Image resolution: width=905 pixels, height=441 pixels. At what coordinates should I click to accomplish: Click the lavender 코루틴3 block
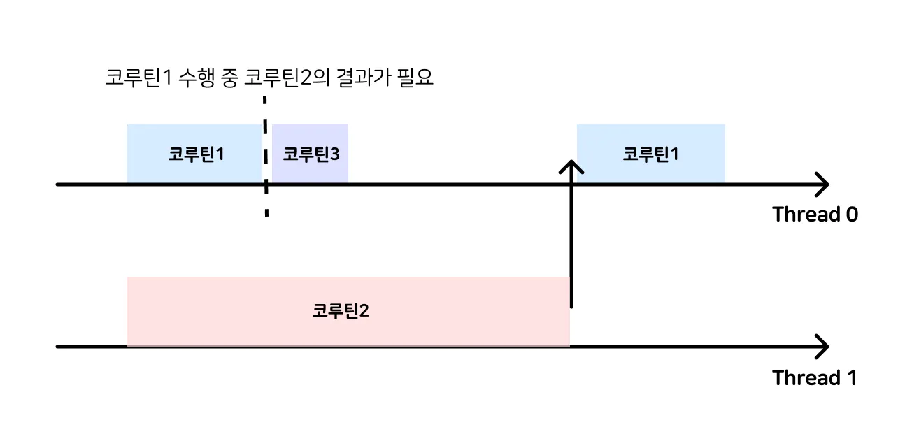tap(310, 154)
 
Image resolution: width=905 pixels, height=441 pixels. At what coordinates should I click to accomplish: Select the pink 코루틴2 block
tap(348, 311)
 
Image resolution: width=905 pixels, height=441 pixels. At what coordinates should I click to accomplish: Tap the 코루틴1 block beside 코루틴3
tap(194, 154)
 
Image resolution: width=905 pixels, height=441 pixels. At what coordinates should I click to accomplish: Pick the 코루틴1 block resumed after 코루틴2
tap(650, 154)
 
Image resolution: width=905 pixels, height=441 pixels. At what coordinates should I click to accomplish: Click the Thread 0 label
tap(815, 215)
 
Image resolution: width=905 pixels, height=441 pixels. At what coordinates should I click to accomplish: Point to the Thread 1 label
tap(814, 378)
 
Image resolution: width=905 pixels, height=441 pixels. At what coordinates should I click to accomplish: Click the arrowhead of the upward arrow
tap(572, 167)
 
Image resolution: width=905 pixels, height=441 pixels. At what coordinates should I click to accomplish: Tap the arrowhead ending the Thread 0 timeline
tap(822, 185)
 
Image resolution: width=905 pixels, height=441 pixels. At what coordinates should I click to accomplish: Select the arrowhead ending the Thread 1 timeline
tap(822, 346)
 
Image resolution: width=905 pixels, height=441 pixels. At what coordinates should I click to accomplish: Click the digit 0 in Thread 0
tap(850, 215)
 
